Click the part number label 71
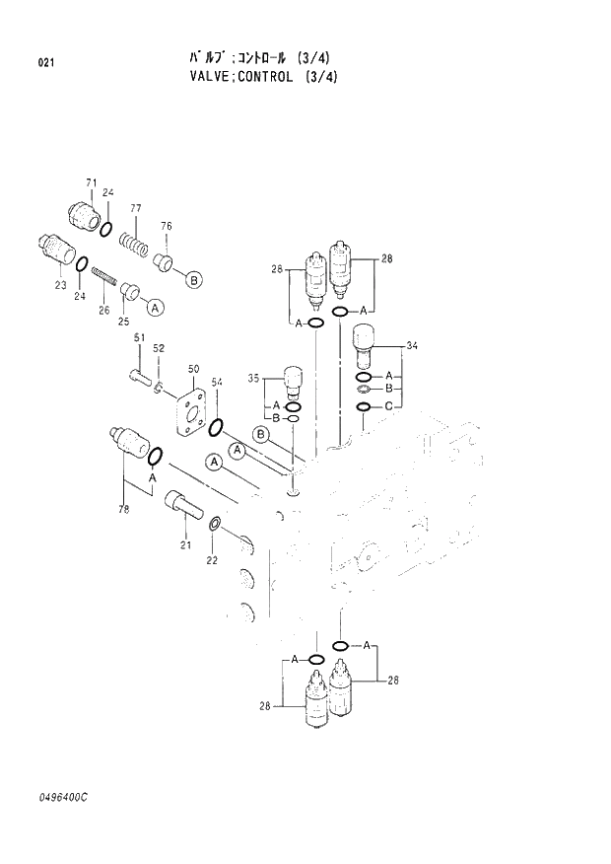(x=91, y=183)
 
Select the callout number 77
(x=136, y=208)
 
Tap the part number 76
(x=167, y=227)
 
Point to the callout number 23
(x=60, y=285)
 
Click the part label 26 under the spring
(x=103, y=310)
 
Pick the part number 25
(x=123, y=321)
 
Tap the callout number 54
(x=217, y=383)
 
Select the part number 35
(x=253, y=378)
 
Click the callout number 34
(x=412, y=345)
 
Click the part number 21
(x=184, y=545)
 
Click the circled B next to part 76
(x=194, y=280)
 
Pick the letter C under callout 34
(x=389, y=407)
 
